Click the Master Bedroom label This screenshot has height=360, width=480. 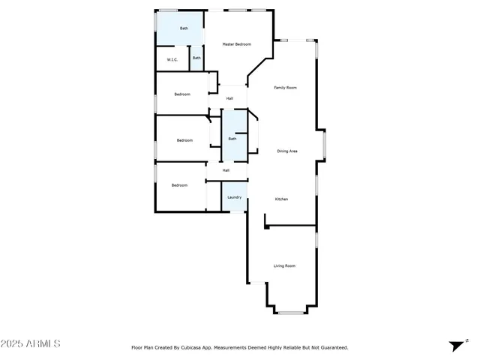[236, 45]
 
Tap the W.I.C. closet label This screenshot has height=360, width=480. [172, 58]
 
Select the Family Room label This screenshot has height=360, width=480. [285, 88]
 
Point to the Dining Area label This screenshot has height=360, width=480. [287, 151]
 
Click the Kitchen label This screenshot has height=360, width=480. [281, 199]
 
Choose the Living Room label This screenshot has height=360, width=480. [284, 265]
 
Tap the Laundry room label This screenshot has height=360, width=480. [235, 197]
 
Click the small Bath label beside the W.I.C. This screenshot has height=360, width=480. [196, 58]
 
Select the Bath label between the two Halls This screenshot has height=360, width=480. [232, 139]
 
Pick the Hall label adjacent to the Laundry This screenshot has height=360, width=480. [226, 170]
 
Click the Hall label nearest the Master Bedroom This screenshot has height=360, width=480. [229, 98]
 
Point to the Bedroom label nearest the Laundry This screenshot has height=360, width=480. [178, 185]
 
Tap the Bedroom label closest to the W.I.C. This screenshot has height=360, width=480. [182, 94]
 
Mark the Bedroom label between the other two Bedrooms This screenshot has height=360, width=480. [184, 140]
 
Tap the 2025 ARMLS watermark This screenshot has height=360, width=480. [30, 343]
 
